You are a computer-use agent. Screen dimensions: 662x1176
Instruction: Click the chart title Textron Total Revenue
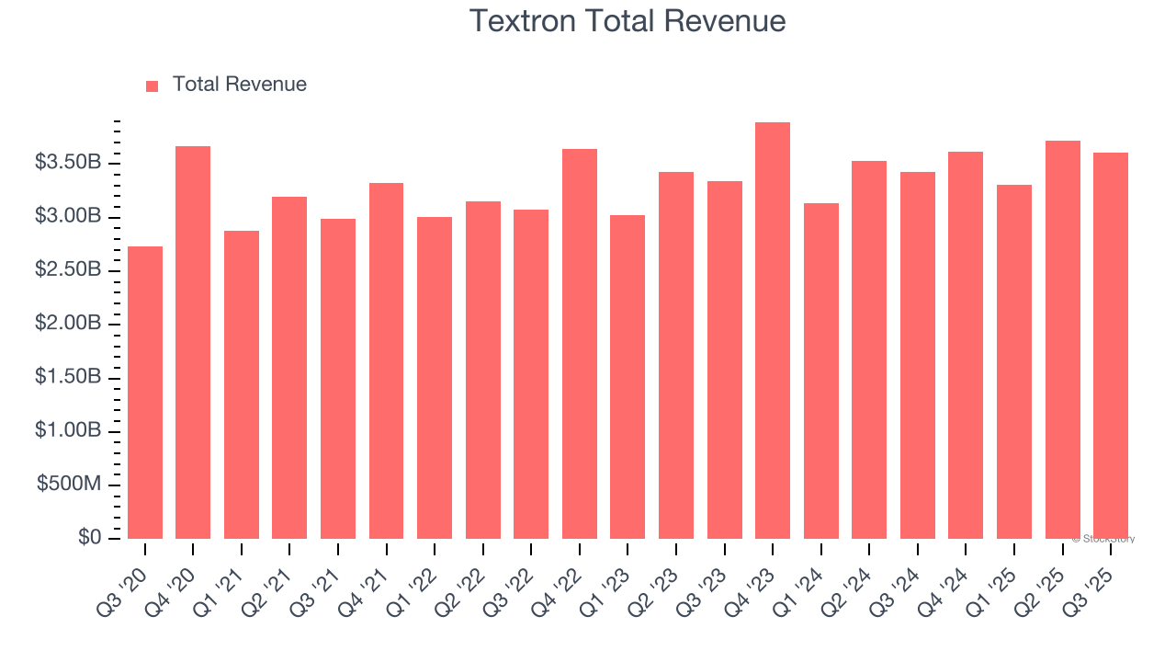click(628, 21)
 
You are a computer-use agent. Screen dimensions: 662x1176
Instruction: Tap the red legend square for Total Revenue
click(153, 86)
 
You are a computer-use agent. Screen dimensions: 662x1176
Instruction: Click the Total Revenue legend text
click(240, 85)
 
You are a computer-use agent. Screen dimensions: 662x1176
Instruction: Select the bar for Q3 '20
click(145, 393)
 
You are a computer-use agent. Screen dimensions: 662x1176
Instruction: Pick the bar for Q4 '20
click(193, 342)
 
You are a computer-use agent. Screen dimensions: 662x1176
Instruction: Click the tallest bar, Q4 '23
click(773, 330)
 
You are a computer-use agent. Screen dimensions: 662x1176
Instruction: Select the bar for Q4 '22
click(580, 344)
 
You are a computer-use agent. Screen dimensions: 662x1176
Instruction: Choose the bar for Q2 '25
click(1062, 339)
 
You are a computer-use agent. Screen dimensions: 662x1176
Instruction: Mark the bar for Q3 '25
click(1111, 346)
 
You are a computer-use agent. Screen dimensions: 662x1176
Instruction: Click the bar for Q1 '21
click(242, 384)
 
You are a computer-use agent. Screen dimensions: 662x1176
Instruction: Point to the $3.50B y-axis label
click(68, 163)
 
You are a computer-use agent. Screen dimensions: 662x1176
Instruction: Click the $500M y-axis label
click(69, 485)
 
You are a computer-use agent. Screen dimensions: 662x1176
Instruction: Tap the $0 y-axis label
click(89, 538)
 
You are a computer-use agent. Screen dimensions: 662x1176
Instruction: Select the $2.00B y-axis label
click(68, 324)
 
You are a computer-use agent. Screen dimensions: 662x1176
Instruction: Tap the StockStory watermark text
click(1103, 539)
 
